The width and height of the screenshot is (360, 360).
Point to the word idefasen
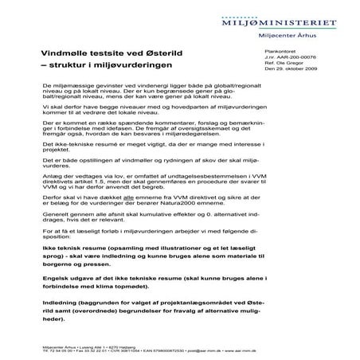[127, 129]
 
